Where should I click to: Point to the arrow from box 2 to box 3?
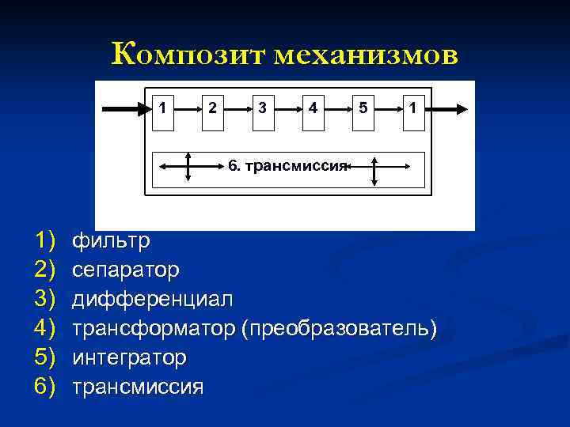pyautogui.click(x=237, y=109)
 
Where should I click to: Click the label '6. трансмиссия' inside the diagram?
pyautogui.click(x=287, y=165)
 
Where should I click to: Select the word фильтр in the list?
pyautogui.click(x=111, y=240)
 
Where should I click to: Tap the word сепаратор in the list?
pyautogui.click(x=126, y=270)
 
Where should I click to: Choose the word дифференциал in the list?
pyautogui.click(x=153, y=299)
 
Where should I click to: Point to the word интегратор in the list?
pyautogui.click(x=130, y=357)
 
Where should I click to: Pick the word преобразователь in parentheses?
pyautogui.click(x=340, y=328)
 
